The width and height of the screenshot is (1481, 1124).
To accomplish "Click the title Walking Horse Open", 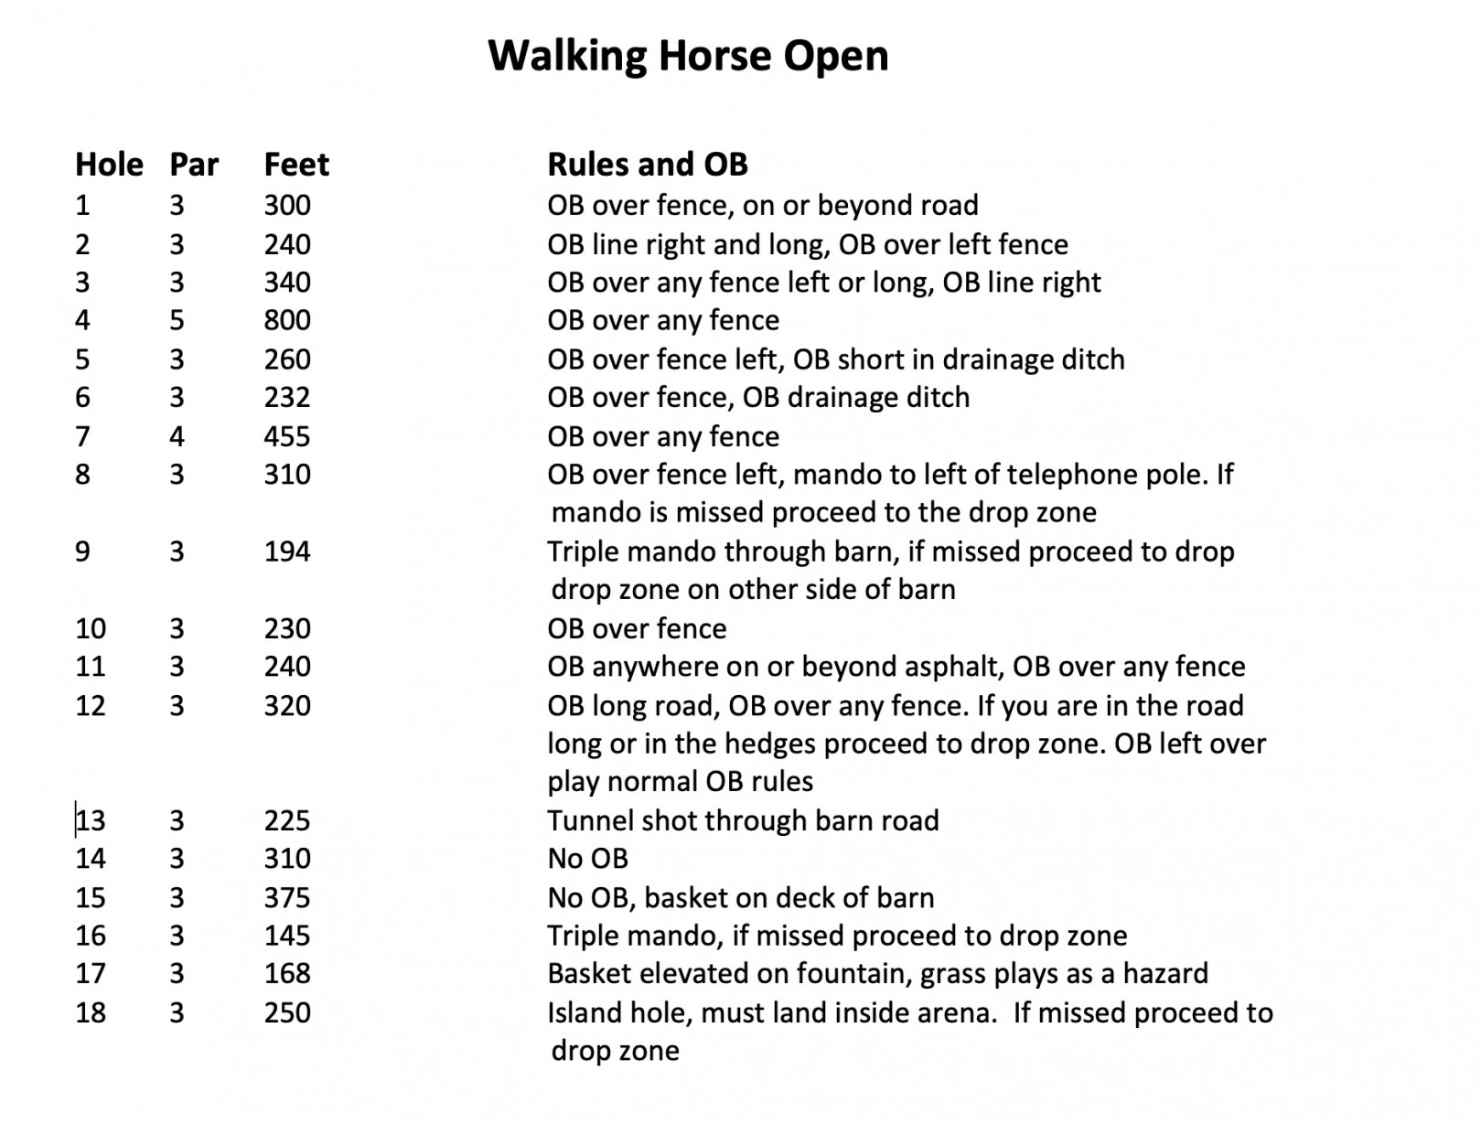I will pos(688,55).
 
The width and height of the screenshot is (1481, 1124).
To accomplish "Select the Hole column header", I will pos(109,165).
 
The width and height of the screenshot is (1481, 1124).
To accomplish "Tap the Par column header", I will pos(194,165).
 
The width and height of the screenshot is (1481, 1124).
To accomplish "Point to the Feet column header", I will pos(296,165).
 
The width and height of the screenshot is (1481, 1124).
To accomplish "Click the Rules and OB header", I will pos(647,165).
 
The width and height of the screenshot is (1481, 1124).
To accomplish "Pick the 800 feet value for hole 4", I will pos(287,320).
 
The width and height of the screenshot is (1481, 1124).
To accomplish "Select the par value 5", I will pos(177,320).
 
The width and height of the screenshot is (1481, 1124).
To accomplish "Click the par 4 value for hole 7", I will pos(177,436).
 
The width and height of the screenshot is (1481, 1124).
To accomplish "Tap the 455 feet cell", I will pos(287,436).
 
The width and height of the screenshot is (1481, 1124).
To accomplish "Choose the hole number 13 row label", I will pos(91,820).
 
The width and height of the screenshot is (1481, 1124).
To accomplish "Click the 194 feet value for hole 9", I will pos(287,551).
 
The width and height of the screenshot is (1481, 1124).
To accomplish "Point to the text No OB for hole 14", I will pos(587,859).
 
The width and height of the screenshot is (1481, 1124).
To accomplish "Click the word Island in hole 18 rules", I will pos(581,1012).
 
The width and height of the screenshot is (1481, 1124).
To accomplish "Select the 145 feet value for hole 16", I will pos(287,936).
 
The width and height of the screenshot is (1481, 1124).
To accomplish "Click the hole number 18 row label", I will pos(91,1012).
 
